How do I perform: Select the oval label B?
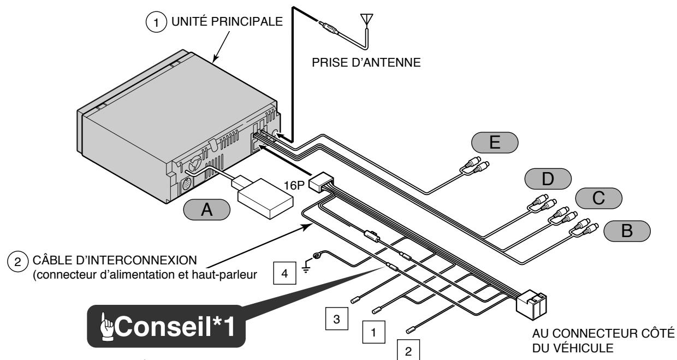(627, 231)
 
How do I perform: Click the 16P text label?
(290, 182)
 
